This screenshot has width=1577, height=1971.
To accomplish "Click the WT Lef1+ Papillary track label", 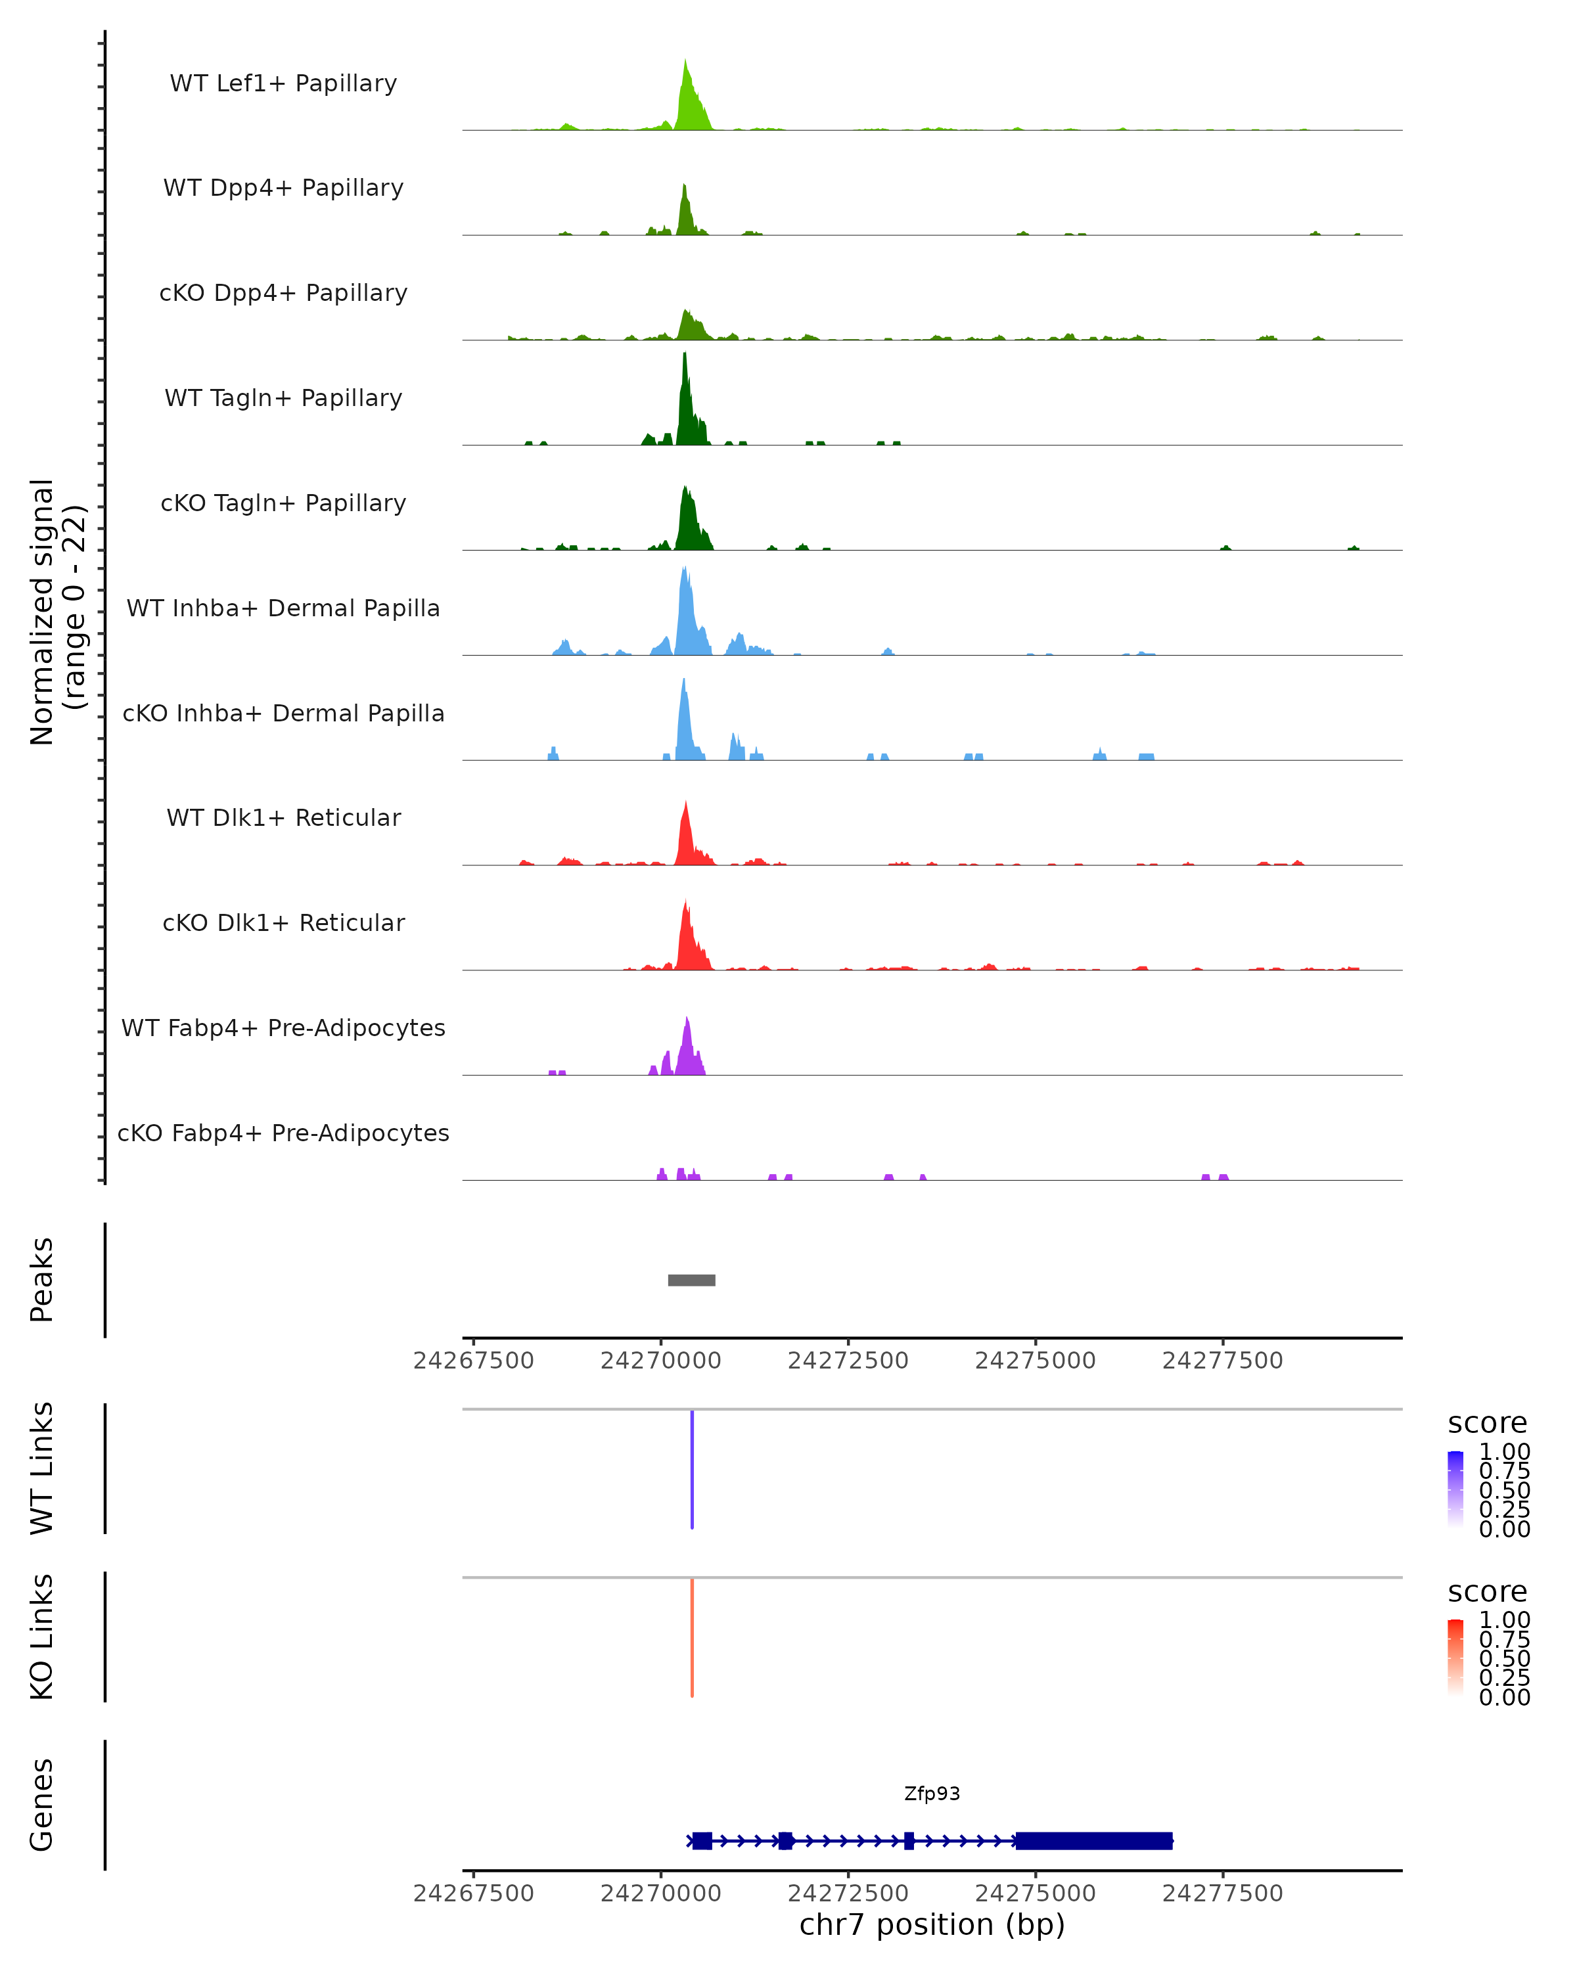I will [283, 83].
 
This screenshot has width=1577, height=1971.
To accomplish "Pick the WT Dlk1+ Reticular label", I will [283, 817].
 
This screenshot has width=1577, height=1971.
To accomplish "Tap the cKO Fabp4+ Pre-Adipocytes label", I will [283, 1133].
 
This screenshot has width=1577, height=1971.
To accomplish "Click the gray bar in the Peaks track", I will [691, 1280].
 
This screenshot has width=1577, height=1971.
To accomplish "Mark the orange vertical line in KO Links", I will [692, 1637].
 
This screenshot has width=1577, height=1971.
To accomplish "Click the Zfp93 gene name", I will [932, 1794].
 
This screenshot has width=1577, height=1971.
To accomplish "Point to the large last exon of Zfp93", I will [1093, 1840].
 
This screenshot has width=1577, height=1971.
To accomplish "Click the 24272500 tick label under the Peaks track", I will [848, 1361].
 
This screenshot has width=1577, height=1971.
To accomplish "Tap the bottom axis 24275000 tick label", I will [1035, 1893].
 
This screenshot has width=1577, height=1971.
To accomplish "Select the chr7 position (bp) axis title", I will [932, 1925].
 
